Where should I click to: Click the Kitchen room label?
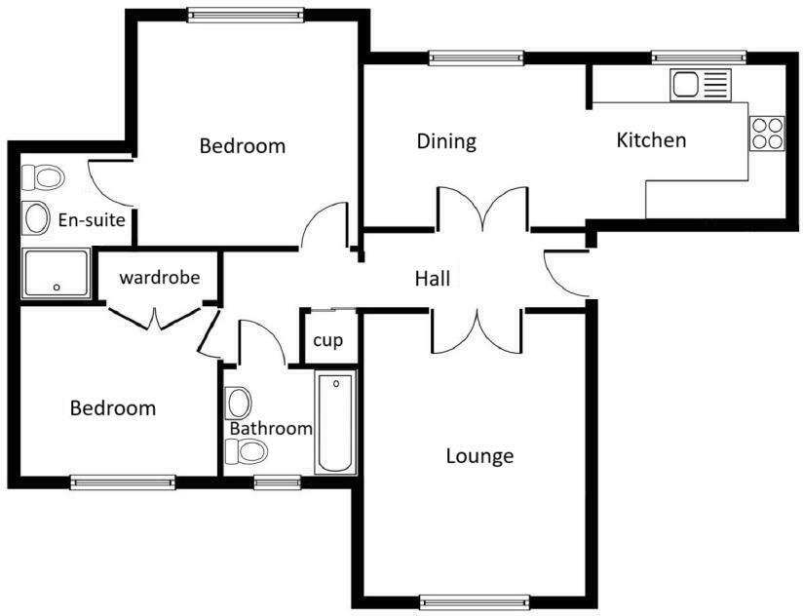(651, 140)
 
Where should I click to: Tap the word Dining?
(446, 141)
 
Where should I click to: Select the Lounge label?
(479, 455)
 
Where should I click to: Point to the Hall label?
(433, 280)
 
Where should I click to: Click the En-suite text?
(92, 220)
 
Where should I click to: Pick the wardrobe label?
(160, 278)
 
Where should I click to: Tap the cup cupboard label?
(325, 342)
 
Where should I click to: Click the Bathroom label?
(271, 429)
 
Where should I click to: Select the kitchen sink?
(700, 86)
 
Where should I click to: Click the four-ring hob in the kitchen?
(767, 133)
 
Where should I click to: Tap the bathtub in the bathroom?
(336, 423)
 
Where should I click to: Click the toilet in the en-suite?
(44, 178)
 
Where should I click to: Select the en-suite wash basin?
(37, 217)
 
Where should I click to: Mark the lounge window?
(475, 601)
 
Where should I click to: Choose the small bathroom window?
(277, 481)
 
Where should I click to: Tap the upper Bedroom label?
(243, 146)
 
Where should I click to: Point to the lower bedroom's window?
(123, 481)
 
